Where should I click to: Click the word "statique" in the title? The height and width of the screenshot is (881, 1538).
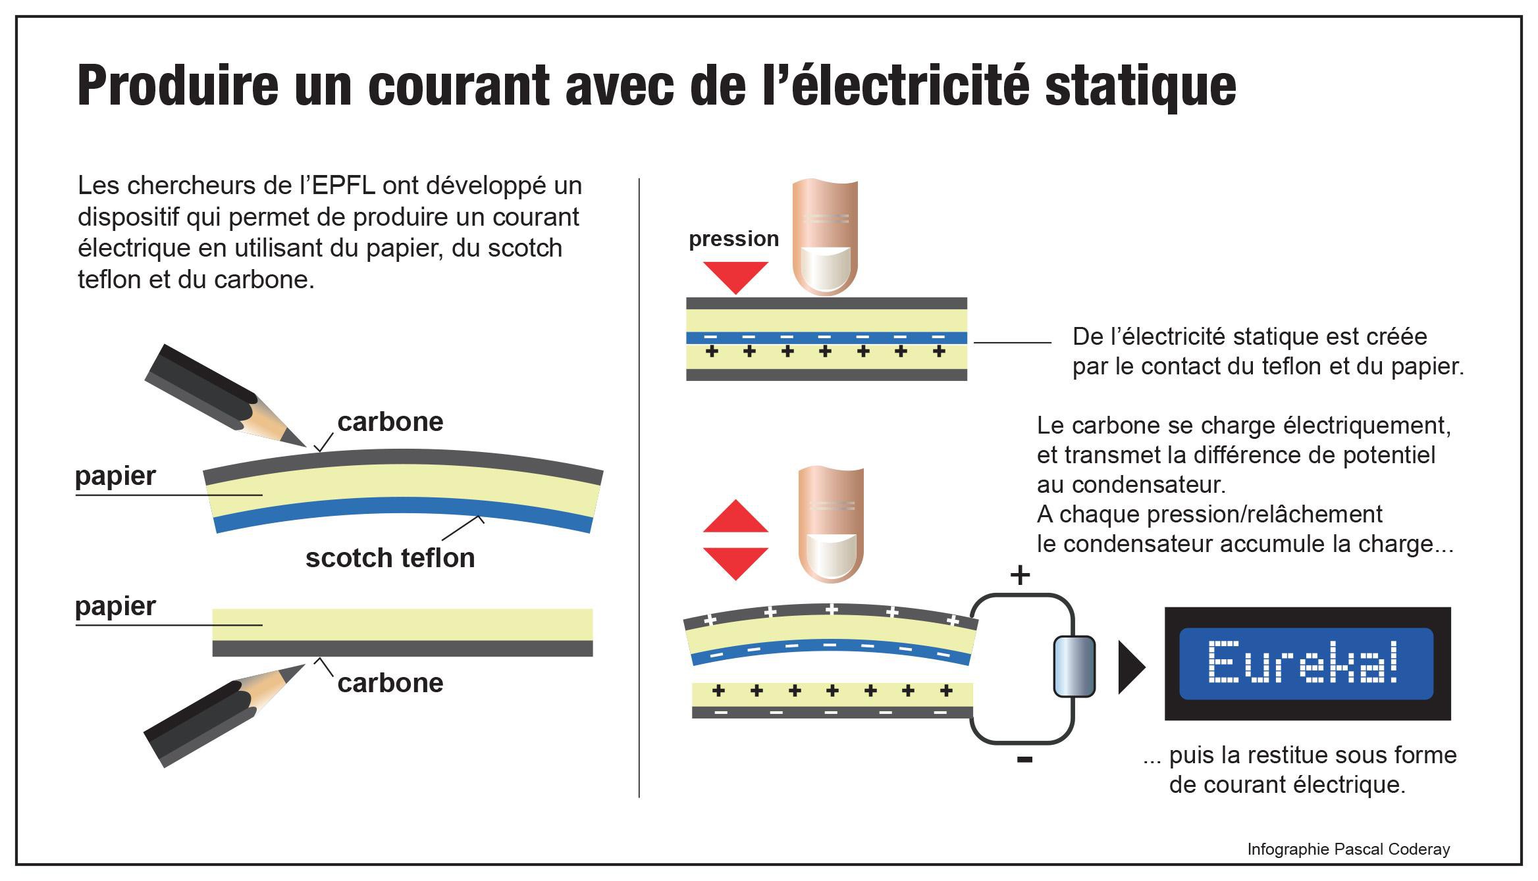pos(1140,85)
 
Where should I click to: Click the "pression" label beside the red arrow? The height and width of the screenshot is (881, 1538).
pos(733,239)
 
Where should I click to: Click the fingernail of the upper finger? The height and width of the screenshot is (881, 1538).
pos(824,268)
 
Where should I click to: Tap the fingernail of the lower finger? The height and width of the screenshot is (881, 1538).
pos(830,557)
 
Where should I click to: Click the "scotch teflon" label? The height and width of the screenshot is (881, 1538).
pos(390,558)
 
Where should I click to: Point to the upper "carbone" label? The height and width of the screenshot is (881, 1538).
pos(390,422)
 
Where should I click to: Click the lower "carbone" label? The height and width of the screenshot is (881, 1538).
pos(390,683)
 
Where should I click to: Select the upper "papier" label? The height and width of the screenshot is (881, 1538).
pos(115,476)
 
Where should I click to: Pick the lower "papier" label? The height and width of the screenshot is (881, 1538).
pos(115,607)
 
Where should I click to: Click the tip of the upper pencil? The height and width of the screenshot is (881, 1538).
pos(305,446)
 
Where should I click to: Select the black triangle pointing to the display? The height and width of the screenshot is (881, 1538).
pos(1132,667)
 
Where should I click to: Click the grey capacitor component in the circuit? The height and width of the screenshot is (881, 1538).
pos(1074,666)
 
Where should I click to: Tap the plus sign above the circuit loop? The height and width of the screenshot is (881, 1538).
pos(1020,576)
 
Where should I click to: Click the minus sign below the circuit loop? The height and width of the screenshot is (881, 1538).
pos(1024,760)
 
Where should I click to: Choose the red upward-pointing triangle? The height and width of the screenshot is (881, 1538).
pos(735,516)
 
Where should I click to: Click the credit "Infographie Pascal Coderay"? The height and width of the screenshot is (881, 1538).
pos(1348,849)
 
